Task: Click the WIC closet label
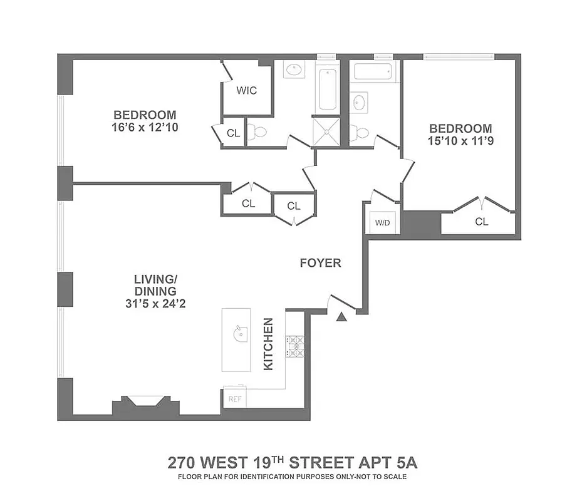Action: pos(246,90)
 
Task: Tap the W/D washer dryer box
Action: pos(382,223)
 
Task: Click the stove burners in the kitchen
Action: pos(294,347)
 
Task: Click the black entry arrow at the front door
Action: pos(341,317)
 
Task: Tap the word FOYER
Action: pos(320,263)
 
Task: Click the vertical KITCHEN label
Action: pos(269,344)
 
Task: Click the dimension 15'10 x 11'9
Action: pos(460,141)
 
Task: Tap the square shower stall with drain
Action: pos(326,132)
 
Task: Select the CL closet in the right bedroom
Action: pos(481,221)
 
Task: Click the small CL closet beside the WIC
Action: pos(233,133)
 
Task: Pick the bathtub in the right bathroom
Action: pos(374,71)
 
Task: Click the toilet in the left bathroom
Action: pos(257,132)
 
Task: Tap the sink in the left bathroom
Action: pos(294,70)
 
